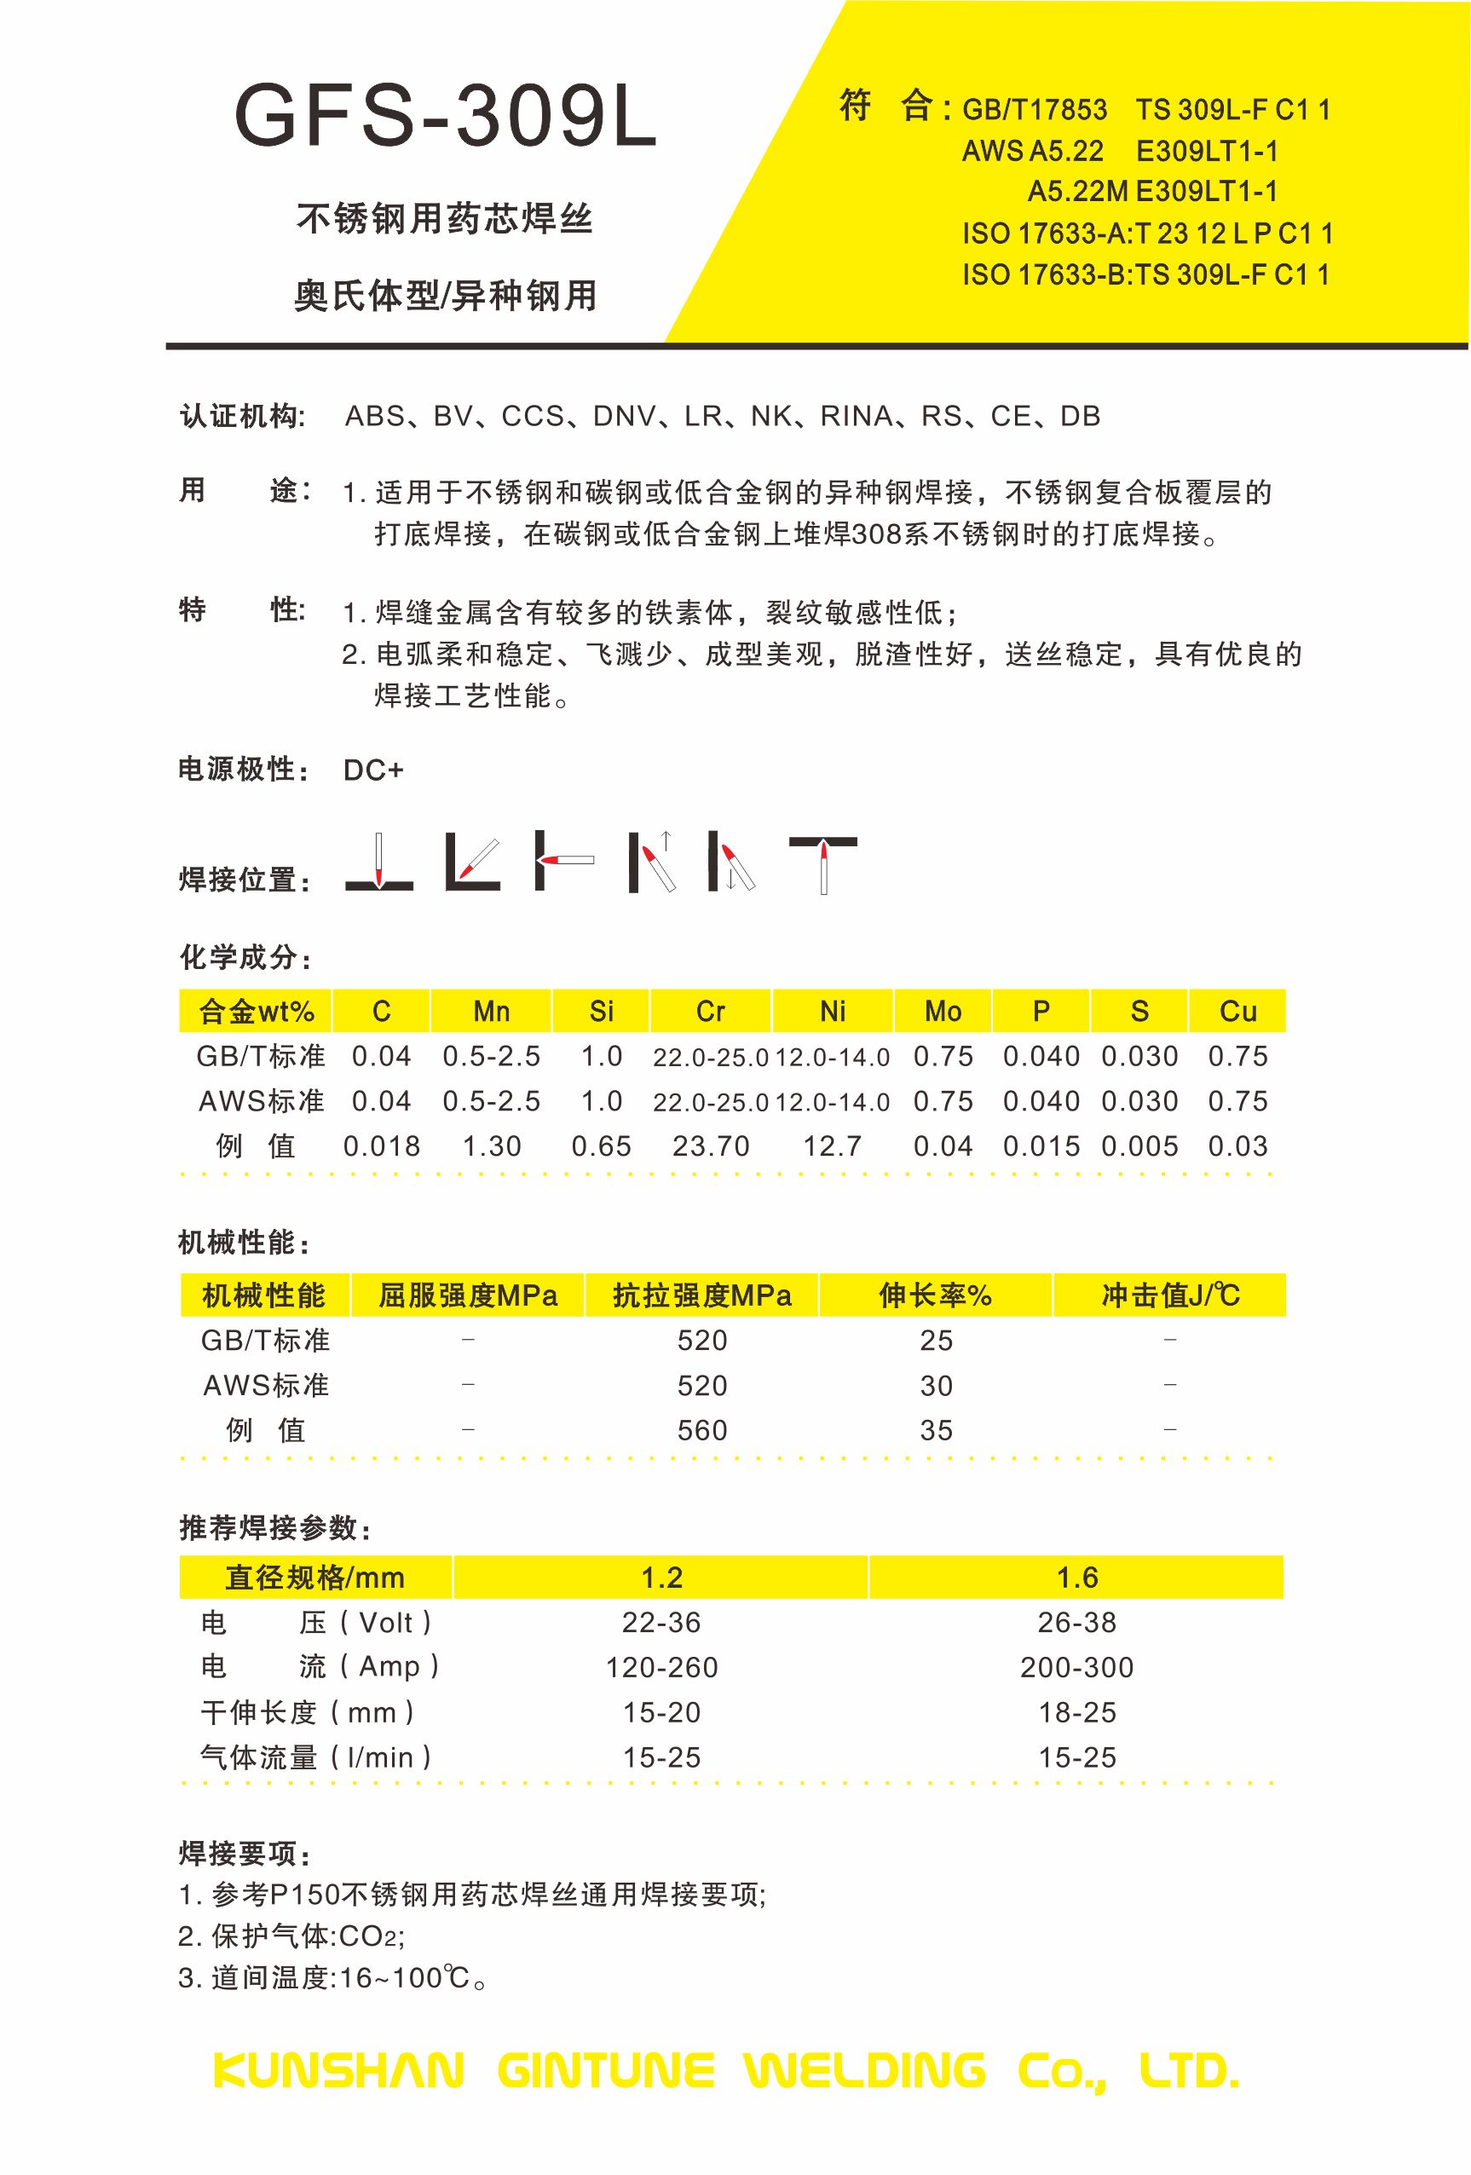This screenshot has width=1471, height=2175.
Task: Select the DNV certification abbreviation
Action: click(625, 417)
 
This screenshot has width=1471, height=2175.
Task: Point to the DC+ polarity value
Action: click(373, 770)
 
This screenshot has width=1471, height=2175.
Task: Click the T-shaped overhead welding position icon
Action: click(822, 862)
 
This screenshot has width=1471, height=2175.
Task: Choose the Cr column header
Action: click(710, 1011)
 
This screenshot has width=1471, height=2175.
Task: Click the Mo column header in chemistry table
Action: click(943, 1011)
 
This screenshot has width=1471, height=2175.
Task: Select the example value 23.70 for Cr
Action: click(710, 1146)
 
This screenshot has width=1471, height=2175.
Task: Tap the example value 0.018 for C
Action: click(381, 1146)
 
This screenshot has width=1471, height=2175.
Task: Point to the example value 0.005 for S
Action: click(1139, 1146)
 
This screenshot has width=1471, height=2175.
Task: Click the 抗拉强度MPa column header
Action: click(701, 1295)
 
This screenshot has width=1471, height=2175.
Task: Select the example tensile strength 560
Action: click(701, 1430)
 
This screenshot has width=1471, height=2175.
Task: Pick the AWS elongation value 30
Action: click(936, 1385)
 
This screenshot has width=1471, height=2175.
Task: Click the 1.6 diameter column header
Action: click(1076, 1578)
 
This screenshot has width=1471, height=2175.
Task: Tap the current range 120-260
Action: click(661, 1667)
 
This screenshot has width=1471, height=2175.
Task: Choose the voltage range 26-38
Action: click(1076, 1622)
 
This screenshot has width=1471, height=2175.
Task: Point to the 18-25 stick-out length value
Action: click(1077, 1713)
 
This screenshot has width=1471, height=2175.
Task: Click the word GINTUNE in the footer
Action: click(605, 2070)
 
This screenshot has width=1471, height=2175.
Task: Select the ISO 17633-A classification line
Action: click(1147, 233)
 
